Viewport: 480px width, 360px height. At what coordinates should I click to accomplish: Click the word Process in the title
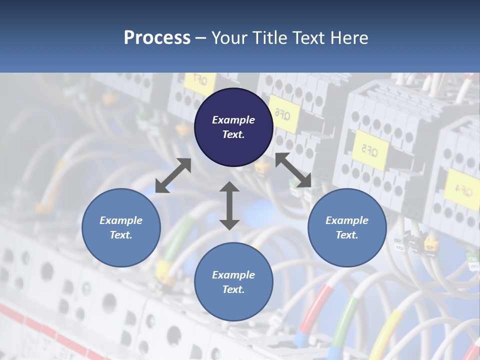(x=157, y=38)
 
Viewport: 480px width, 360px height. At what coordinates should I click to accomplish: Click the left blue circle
(x=121, y=227)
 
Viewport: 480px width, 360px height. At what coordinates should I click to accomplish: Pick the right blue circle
(x=347, y=227)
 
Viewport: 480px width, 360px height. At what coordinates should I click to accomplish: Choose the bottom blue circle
(x=233, y=281)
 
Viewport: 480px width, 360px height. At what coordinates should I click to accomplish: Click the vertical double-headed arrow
(x=229, y=205)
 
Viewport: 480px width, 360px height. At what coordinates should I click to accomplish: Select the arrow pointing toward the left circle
(x=173, y=175)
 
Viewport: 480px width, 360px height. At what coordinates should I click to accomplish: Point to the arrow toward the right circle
(x=293, y=170)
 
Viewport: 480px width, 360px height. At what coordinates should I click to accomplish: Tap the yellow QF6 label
(x=283, y=114)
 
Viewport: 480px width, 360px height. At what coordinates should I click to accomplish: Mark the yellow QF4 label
(x=463, y=189)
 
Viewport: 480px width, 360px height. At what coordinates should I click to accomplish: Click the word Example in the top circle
(x=233, y=120)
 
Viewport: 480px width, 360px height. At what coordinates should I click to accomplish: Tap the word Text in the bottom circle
(x=232, y=289)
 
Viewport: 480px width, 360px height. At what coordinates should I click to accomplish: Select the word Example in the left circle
(x=121, y=220)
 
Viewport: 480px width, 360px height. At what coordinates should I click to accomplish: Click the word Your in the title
(x=228, y=38)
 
